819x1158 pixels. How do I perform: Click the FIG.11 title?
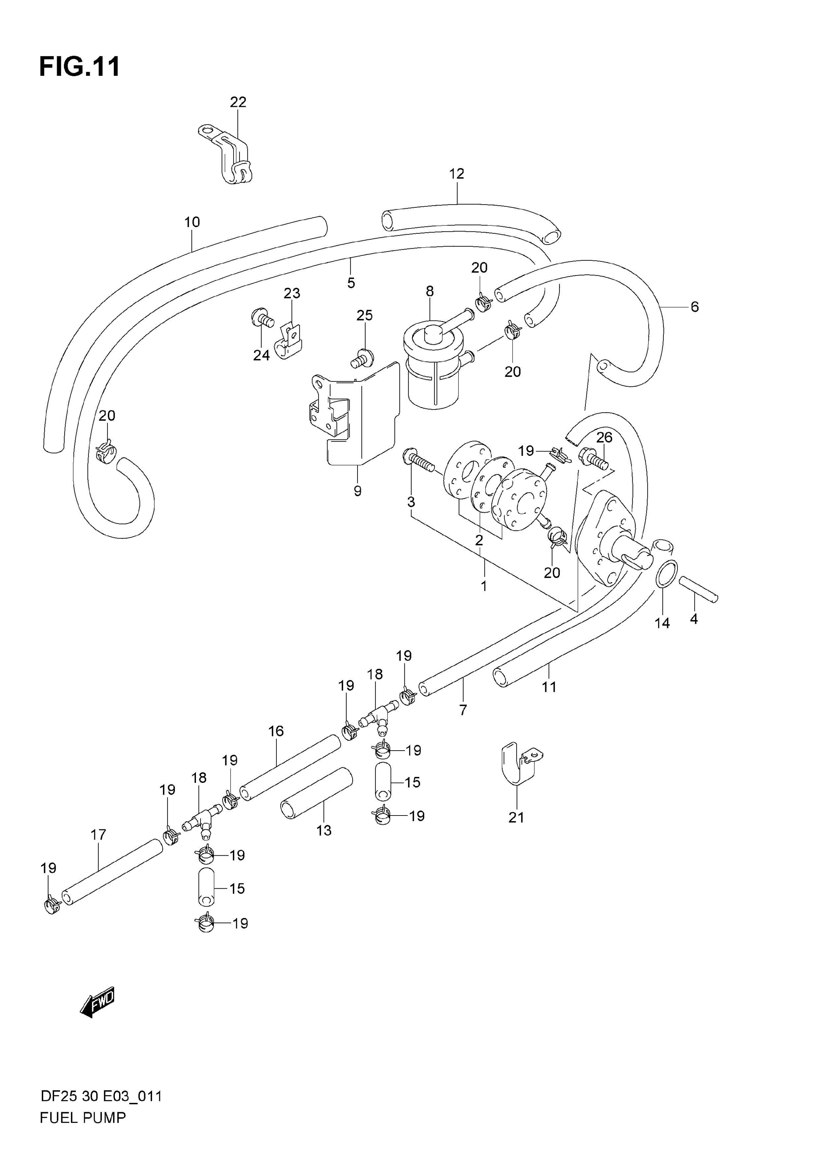point(80,67)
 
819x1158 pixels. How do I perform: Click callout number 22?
point(238,103)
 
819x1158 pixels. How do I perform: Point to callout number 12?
point(457,174)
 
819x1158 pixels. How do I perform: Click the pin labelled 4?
point(698,589)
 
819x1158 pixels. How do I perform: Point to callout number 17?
point(98,835)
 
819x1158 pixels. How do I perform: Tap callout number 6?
point(694,307)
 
